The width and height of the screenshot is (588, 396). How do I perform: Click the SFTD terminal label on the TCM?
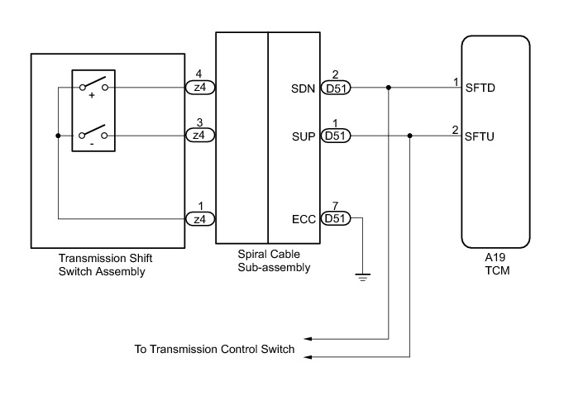(x=480, y=88)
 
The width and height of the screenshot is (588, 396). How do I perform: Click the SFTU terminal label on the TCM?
(x=480, y=136)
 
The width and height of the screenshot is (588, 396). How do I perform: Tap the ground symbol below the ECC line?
(x=362, y=278)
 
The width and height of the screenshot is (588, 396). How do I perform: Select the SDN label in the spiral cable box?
(x=303, y=88)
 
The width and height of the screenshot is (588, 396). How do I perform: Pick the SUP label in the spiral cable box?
(x=304, y=136)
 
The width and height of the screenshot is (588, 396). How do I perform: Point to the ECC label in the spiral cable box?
(x=304, y=219)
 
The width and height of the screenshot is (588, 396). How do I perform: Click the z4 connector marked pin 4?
(x=200, y=88)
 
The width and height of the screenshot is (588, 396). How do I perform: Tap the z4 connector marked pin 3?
(x=200, y=135)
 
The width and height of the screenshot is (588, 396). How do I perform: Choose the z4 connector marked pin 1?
(x=200, y=218)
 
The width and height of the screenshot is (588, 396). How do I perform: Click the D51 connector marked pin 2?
(x=336, y=88)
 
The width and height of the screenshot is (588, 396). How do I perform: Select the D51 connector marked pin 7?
(x=336, y=218)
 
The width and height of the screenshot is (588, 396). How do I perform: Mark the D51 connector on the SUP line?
(x=336, y=136)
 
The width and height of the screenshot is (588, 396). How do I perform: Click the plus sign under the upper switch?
(x=92, y=96)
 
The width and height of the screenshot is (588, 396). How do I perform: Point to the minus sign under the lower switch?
(x=93, y=144)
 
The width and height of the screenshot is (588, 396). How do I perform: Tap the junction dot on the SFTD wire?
(x=389, y=88)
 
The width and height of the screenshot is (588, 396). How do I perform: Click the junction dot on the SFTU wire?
(x=410, y=136)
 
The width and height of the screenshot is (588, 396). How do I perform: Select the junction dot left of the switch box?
(x=58, y=136)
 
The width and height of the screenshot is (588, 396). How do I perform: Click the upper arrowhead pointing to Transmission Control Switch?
(x=308, y=339)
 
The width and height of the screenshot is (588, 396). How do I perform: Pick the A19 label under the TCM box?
(x=495, y=258)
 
